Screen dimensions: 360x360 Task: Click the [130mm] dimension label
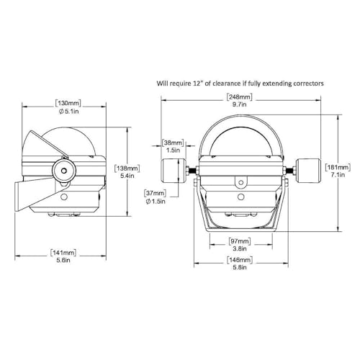coord(68,104)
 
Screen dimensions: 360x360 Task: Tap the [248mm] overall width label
coord(240,97)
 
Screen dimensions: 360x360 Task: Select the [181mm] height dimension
coord(338,167)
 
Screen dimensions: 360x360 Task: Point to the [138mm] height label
coord(127,168)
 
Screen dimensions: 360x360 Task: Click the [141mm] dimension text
coord(63,253)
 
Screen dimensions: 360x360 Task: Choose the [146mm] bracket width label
coord(240,260)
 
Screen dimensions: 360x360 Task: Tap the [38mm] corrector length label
coord(173,143)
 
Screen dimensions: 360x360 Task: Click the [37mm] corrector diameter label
coord(156,193)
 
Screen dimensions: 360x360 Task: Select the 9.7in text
coord(240,104)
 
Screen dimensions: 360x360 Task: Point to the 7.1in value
coord(338,175)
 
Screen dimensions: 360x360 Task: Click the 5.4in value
coord(127,176)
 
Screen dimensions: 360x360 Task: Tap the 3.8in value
coord(240,248)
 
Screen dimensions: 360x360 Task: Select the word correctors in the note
coord(307,84)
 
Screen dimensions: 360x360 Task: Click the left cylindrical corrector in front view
coord(174,171)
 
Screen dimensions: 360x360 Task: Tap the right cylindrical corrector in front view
coord(308,171)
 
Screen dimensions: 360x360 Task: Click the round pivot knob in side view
coord(63,171)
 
